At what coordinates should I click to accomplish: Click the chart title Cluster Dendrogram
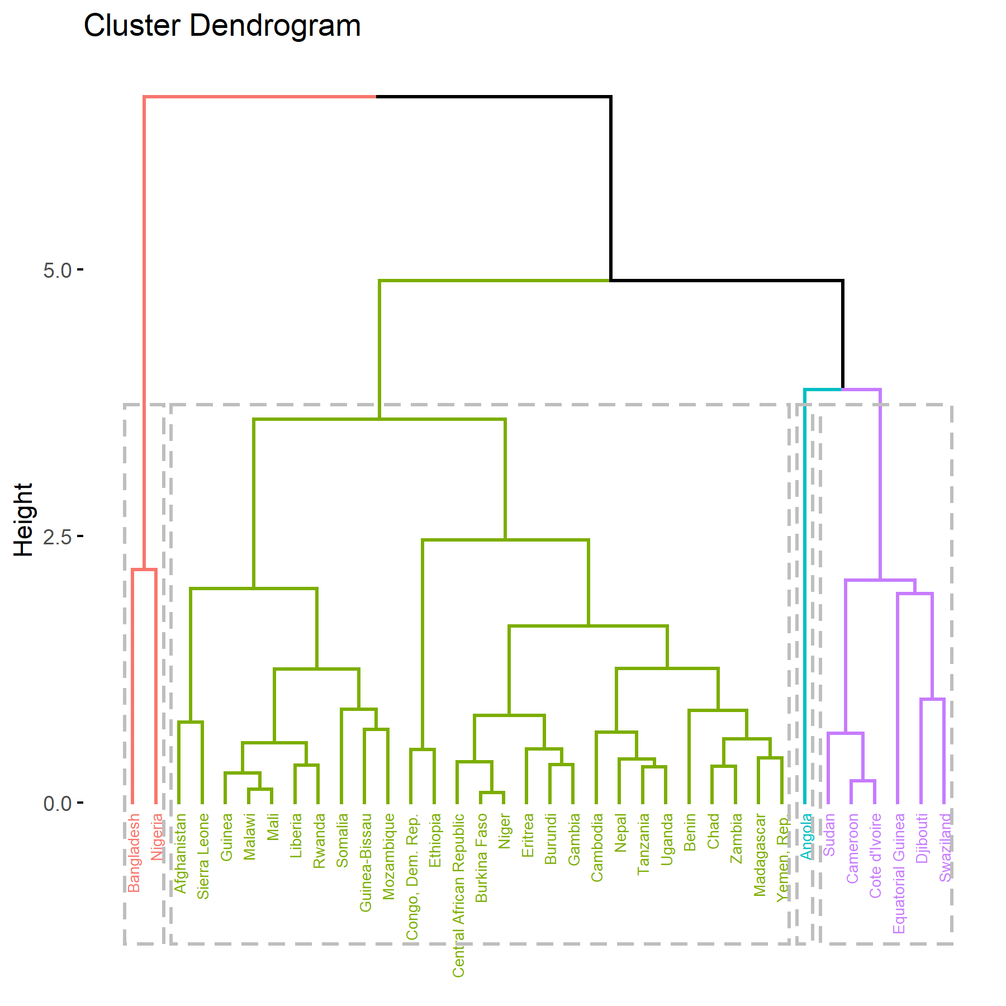(222, 26)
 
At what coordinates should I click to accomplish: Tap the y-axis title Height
(23, 520)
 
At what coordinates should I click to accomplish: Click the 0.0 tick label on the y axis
(58, 804)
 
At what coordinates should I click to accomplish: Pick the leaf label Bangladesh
(134, 853)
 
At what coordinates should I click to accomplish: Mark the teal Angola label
(806, 836)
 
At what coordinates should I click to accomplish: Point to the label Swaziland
(945, 847)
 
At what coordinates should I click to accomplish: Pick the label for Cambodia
(597, 847)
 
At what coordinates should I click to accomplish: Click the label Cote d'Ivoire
(875, 856)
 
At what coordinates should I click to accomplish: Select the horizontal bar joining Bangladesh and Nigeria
(144, 570)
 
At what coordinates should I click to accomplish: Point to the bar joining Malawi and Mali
(260, 789)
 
